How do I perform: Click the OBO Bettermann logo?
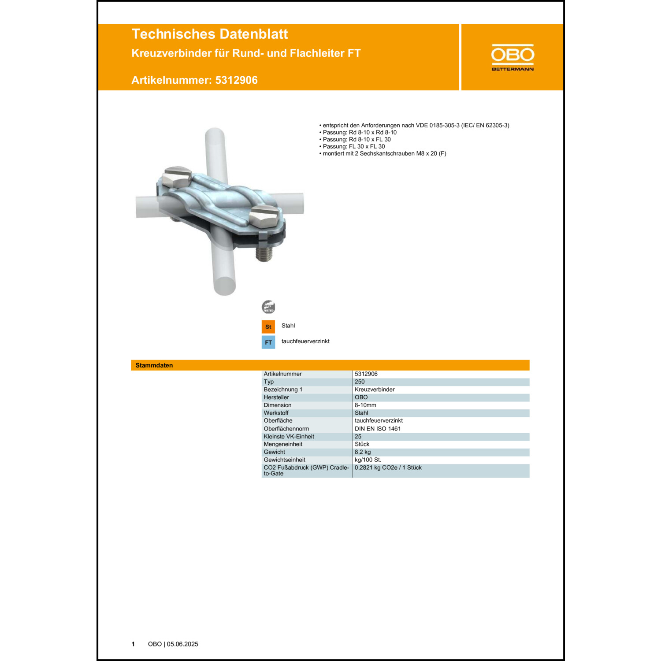point(512,57)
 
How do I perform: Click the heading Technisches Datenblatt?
point(209,34)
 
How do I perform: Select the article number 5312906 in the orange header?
point(236,80)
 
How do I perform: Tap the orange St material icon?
point(268,327)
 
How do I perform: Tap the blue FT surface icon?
point(268,342)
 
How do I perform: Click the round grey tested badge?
point(268,307)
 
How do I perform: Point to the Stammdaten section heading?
point(154,365)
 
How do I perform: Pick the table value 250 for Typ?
point(360,382)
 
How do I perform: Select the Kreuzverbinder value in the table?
point(375,390)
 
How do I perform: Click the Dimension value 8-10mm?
point(365,405)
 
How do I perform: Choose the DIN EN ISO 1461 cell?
point(378,429)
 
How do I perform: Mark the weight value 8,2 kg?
point(363,452)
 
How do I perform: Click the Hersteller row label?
point(276,397)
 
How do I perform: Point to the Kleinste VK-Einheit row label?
point(289,437)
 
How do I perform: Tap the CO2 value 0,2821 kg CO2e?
point(388,468)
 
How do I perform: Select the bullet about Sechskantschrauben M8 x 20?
point(384,154)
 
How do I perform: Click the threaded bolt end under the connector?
point(264,254)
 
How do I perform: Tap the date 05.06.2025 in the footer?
point(182,644)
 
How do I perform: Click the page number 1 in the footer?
point(133,644)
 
